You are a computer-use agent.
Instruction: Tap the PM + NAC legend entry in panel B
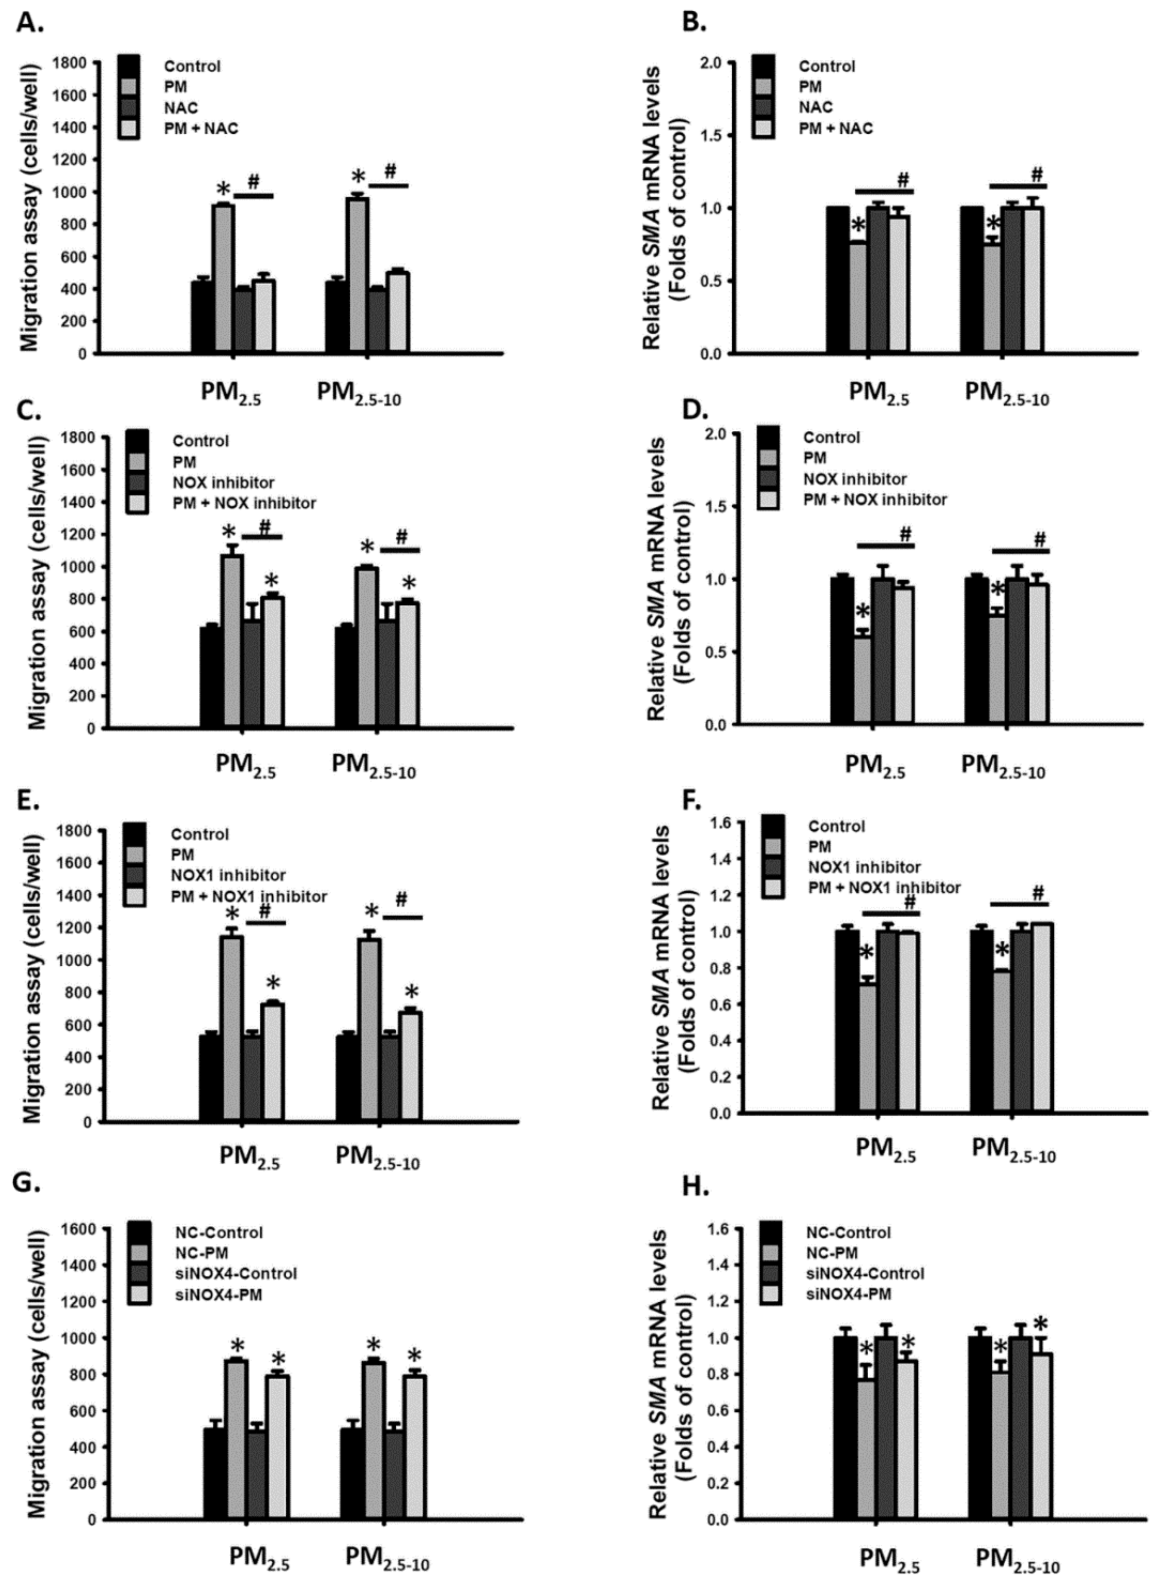point(835,128)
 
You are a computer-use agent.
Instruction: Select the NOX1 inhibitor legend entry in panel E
point(227,875)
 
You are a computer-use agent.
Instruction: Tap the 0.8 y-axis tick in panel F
point(722,968)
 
